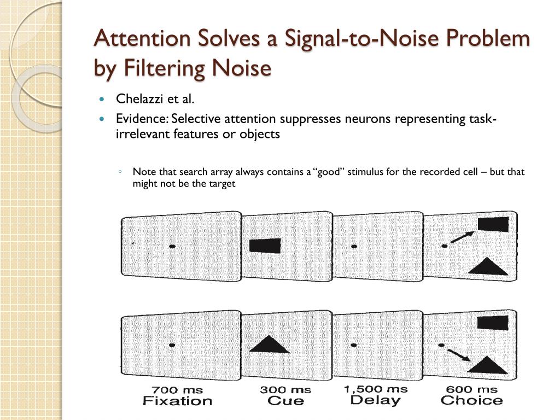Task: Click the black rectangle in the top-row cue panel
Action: (x=265, y=246)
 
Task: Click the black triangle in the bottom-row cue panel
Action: (x=269, y=345)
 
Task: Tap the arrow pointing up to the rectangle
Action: (x=462, y=237)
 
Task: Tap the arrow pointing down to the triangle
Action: (x=459, y=355)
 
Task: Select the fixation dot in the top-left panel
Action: (x=172, y=247)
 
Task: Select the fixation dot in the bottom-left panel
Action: (x=172, y=345)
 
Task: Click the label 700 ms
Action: (x=177, y=390)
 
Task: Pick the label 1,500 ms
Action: (x=375, y=389)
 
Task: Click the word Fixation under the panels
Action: (x=177, y=401)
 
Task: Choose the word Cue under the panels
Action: (x=285, y=401)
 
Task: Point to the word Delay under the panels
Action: (x=375, y=400)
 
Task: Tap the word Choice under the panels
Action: (x=471, y=401)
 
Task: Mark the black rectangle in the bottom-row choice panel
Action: (x=493, y=322)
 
